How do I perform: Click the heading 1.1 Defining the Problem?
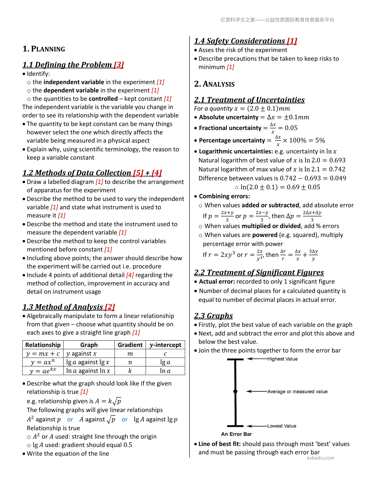point(73,65)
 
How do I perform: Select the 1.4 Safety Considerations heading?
point(246,41)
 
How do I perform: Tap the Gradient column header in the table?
point(130,345)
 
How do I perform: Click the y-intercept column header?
point(165,345)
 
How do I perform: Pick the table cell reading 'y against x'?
point(81,354)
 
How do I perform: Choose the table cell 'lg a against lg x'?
point(88,362)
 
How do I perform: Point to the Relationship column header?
point(43,345)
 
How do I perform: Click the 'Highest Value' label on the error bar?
point(282,359)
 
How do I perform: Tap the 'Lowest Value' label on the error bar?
point(282,426)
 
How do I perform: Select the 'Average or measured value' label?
point(297,392)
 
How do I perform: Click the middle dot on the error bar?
point(235,392)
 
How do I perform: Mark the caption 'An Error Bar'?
point(236,434)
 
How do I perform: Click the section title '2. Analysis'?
point(214,84)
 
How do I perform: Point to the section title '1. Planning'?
point(44,49)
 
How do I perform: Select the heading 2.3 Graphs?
point(213,316)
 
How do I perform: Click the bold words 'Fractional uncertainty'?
point(230,128)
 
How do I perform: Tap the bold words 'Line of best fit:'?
point(220,444)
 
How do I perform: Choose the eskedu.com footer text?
point(320,458)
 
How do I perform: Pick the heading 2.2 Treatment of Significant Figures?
point(259,272)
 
